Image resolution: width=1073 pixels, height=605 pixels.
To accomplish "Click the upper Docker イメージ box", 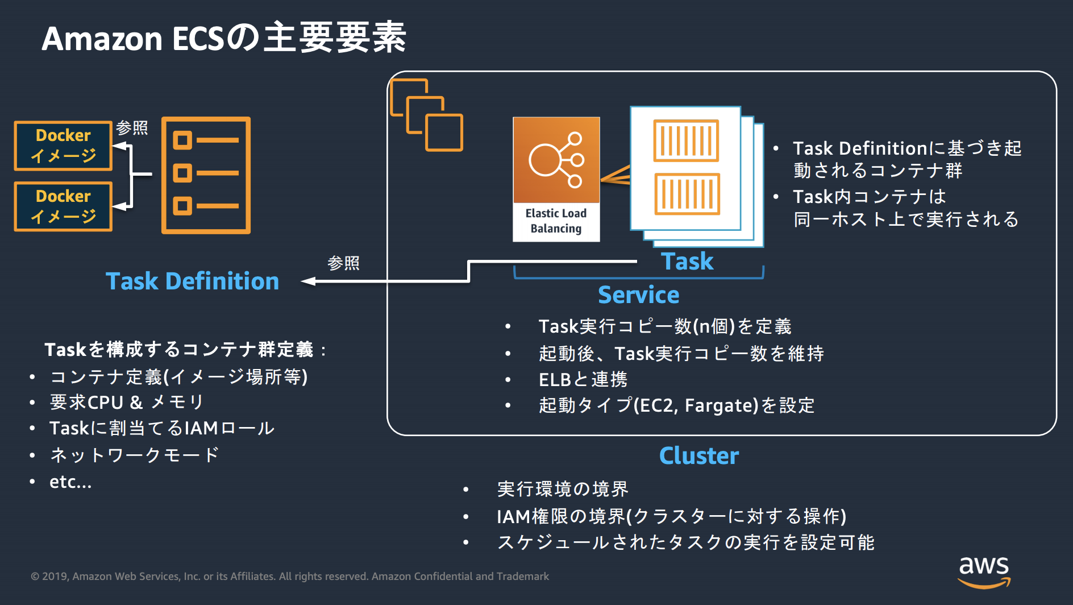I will [63, 146].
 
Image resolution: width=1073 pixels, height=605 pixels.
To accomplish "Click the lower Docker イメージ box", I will [63, 206].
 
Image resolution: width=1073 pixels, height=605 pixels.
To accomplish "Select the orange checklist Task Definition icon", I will [206, 175].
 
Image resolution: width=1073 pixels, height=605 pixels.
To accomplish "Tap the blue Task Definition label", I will [192, 281].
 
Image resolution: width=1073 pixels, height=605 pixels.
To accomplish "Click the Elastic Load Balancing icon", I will [556, 179].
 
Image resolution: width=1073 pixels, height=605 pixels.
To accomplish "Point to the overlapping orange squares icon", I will [426, 115].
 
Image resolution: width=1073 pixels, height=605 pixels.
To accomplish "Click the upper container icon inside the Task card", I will [686, 140].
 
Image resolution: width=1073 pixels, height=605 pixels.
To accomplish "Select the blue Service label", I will [638, 295].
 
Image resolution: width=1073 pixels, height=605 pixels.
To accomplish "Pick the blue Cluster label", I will [698, 455].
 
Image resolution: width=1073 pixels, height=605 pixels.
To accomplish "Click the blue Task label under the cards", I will [687, 261].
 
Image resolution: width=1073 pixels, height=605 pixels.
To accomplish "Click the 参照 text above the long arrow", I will [343, 263].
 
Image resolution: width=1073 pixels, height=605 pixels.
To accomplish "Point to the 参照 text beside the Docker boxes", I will [132, 128].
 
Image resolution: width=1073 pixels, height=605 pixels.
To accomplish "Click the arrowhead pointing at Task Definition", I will [308, 281].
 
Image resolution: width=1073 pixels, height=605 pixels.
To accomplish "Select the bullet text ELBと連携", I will [583, 379].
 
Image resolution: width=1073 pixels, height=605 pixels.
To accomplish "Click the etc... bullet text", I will [70, 482].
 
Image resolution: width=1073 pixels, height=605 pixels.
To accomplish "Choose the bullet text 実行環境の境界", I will [562, 489].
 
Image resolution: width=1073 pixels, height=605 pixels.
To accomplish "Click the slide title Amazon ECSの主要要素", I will [224, 38].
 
